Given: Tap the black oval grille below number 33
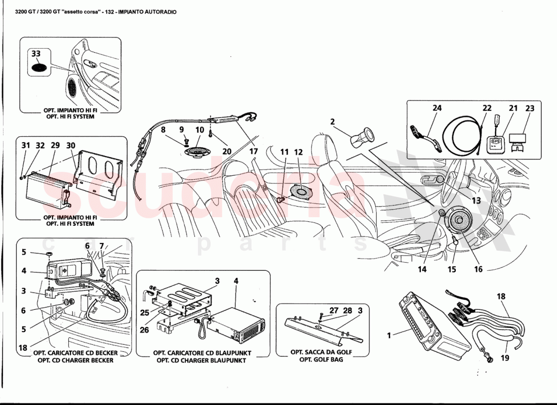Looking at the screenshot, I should coord(39,67).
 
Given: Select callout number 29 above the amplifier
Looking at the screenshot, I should coord(55,145).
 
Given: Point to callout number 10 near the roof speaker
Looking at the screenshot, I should coord(199,130).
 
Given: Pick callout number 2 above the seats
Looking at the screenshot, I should coord(333,121).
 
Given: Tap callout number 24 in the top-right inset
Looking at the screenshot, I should coord(437,108).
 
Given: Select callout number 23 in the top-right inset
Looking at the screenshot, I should coord(530,108).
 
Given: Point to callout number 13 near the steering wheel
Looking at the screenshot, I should coord(476,201).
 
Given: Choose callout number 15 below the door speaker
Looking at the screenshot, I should coord(452,269).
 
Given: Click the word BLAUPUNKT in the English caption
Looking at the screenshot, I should coord(225,360).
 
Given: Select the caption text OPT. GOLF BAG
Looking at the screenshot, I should coord(321,359).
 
